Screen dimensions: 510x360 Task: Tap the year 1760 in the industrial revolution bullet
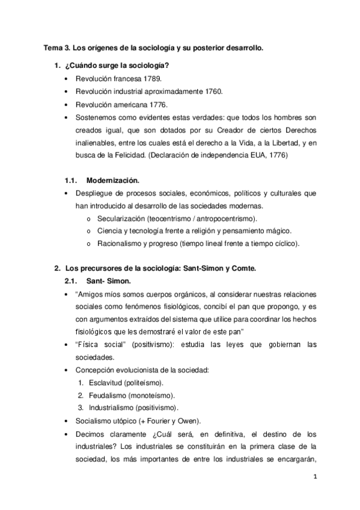[x=211, y=91]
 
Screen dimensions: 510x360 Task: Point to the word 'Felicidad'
[x=127, y=155]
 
